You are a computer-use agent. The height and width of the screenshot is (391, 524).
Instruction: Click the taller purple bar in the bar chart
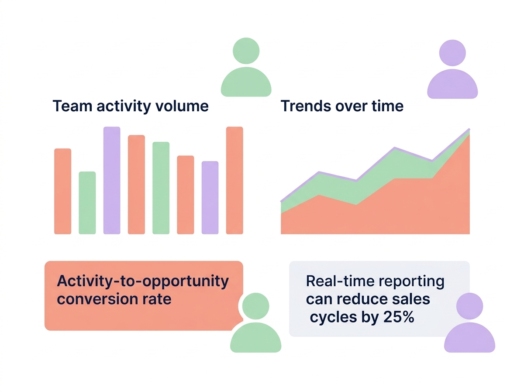click(x=111, y=180)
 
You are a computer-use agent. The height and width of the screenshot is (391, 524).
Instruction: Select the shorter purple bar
click(x=210, y=198)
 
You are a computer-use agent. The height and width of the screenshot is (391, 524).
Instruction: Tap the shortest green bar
click(x=87, y=203)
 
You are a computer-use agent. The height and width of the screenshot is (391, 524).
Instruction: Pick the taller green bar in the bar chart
click(x=161, y=188)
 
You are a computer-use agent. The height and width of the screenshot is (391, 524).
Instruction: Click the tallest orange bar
click(x=234, y=180)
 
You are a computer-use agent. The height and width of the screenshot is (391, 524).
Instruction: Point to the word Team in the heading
click(x=70, y=106)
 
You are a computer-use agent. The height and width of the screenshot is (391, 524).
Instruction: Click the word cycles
click(x=330, y=318)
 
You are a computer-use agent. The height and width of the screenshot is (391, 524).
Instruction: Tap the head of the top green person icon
click(x=246, y=51)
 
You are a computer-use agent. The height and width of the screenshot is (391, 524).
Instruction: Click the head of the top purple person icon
click(x=452, y=52)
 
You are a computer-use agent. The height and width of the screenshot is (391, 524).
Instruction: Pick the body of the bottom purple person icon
click(x=469, y=339)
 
